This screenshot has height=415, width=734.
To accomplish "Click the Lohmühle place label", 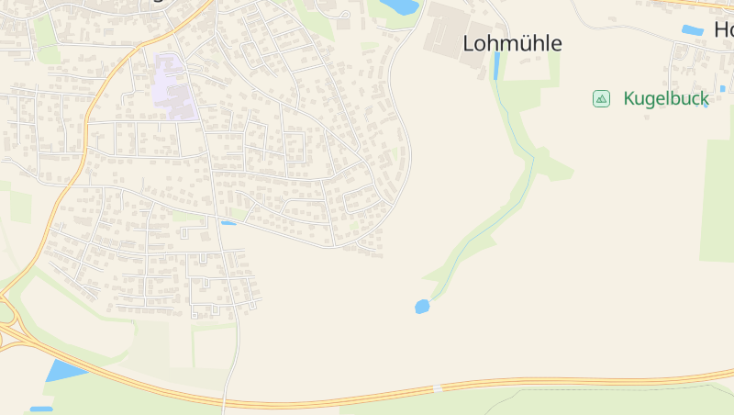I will tap(512, 43).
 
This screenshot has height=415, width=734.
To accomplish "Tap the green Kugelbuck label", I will tap(666, 98).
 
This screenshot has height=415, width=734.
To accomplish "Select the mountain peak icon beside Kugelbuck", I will tap(601, 98).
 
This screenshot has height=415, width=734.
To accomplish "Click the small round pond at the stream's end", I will tap(422, 307).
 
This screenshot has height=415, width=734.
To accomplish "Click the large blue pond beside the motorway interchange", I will tap(64, 370).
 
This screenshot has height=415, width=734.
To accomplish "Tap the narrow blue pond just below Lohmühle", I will tap(497, 65).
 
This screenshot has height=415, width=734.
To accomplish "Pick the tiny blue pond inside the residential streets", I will tap(228, 223).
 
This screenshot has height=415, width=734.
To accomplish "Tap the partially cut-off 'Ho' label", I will tap(723, 29).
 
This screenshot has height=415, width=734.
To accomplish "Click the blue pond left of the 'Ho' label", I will tap(692, 30).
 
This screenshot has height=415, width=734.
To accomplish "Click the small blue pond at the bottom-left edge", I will tap(41, 409).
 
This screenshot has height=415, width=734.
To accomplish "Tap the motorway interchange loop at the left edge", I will tap(7, 317).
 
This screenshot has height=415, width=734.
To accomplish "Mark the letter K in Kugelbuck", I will tap(629, 98).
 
